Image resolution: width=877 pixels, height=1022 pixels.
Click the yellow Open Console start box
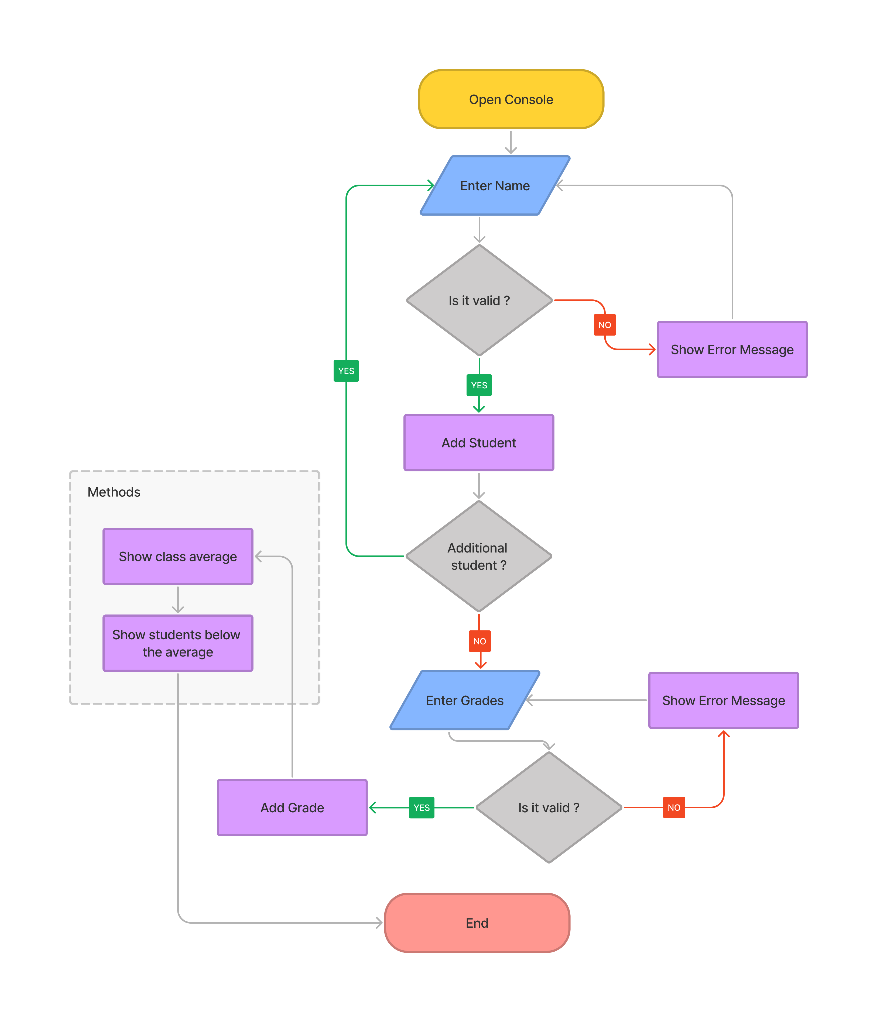pyautogui.click(x=511, y=99)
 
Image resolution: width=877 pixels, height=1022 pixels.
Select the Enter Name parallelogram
pyautogui.click(x=495, y=185)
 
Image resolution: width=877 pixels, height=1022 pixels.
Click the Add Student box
pyautogui.click(x=479, y=443)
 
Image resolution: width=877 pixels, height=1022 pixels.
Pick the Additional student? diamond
pyautogui.click(x=478, y=556)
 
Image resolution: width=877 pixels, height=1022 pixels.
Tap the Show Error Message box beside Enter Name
pyautogui.click(x=732, y=349)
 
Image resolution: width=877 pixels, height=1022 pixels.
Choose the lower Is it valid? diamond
pyautogui.click(x=548, y=807)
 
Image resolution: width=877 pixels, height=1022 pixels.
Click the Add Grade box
pyautogui.click(x=292, y=807)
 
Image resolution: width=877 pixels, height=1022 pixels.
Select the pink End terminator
pyautogui.click(x=477, y=923)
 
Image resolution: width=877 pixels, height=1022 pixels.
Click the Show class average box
pyautogui.click(x=178, y=556)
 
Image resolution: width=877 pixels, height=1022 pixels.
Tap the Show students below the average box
pyautogui.click(x=178, y=643)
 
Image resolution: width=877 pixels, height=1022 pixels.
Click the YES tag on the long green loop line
pyautogui.click(x=346, y=371)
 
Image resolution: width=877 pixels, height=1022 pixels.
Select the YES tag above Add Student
pyautogui.click(x=479, y=385)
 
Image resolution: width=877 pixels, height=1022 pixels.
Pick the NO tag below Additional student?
pyautogui.click(x=479, y=641)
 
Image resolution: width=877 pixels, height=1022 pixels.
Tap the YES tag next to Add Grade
pyautogui.click(x=422, y=807)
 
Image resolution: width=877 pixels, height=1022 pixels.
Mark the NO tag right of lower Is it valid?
pyautogui.click(x=674, y=807)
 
